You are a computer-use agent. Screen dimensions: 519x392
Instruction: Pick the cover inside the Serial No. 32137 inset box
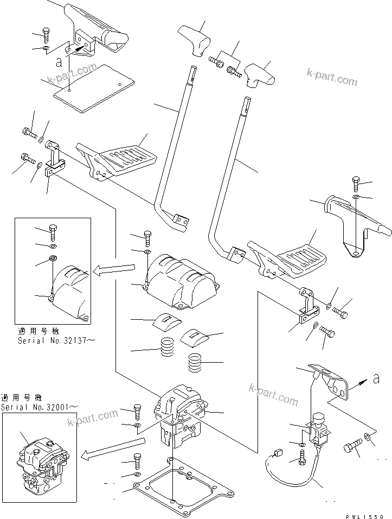click(x=70, y=290)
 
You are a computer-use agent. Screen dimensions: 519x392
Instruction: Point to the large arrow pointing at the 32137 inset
click(x=113, y=268)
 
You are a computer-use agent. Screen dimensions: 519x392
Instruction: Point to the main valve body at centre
click(x=180, y=416)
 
